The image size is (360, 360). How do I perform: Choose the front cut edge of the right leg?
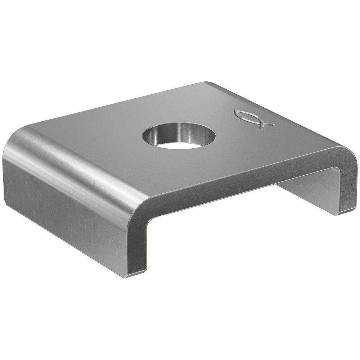tap(348, 187)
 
